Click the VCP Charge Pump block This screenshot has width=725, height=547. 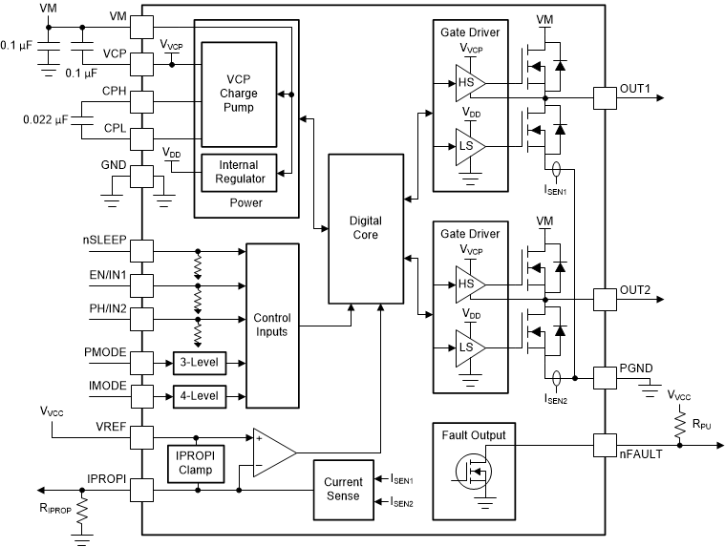240,95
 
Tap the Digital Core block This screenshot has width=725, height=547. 365,227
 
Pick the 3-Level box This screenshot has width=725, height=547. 196,364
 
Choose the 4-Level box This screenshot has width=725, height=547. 196,394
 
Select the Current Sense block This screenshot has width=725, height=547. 342,489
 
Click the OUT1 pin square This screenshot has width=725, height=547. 604,97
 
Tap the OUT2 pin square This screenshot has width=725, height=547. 604,298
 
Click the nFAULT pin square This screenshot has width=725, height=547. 604,445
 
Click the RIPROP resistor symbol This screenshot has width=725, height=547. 84,511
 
